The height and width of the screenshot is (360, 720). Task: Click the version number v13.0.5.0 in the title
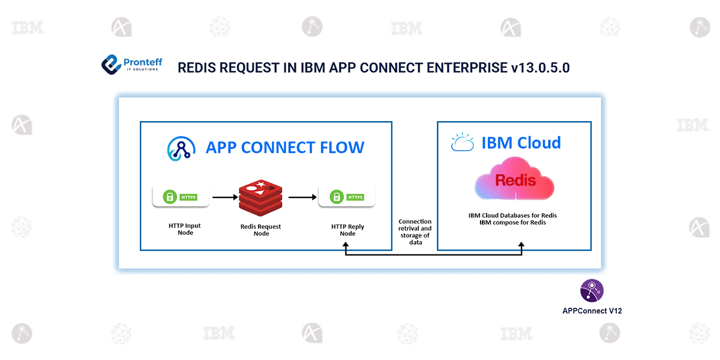(x=540, y=67)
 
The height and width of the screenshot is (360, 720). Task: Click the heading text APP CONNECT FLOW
(x=284, y=147)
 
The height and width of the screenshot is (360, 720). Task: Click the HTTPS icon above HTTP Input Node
(x=181, y=196)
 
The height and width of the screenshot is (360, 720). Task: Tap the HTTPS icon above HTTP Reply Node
(x=347, y=197)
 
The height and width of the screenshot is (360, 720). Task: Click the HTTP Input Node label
(x=185, y=229)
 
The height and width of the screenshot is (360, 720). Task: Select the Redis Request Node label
(x=260, y=230)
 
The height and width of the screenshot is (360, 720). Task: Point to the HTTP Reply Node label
(x=347, y=230)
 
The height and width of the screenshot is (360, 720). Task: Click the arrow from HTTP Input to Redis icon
(x=224, y=197)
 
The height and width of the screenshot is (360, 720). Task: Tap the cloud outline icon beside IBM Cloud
(x=463, y=143)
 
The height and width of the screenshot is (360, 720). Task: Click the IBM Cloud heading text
(x=521, y=143)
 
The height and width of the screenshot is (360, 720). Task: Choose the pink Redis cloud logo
(x=515, y=179)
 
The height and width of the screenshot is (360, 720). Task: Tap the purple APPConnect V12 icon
(x=591, y=290)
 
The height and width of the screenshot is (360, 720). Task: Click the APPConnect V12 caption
(x=592, y=311)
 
